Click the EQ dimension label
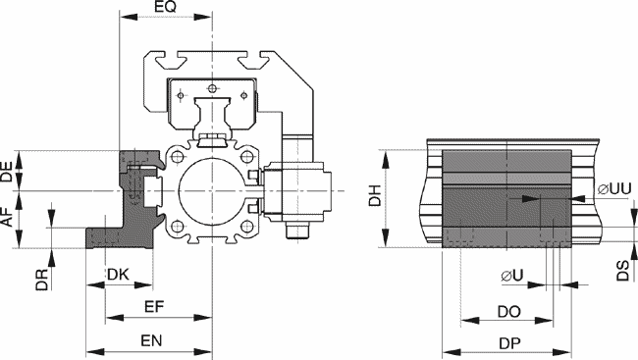(x=166, y=7)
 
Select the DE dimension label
(x=7, y=171)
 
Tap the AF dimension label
(x=7, y=216)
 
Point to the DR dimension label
(x=42, y=280)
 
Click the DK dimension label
(x=118, y=275)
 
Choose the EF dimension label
(x=154, y=306)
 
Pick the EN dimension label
(x=151, y=340)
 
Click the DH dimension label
(x=375, y=195)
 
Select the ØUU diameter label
(x=614, y=188)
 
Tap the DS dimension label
(x=622, y=271)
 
